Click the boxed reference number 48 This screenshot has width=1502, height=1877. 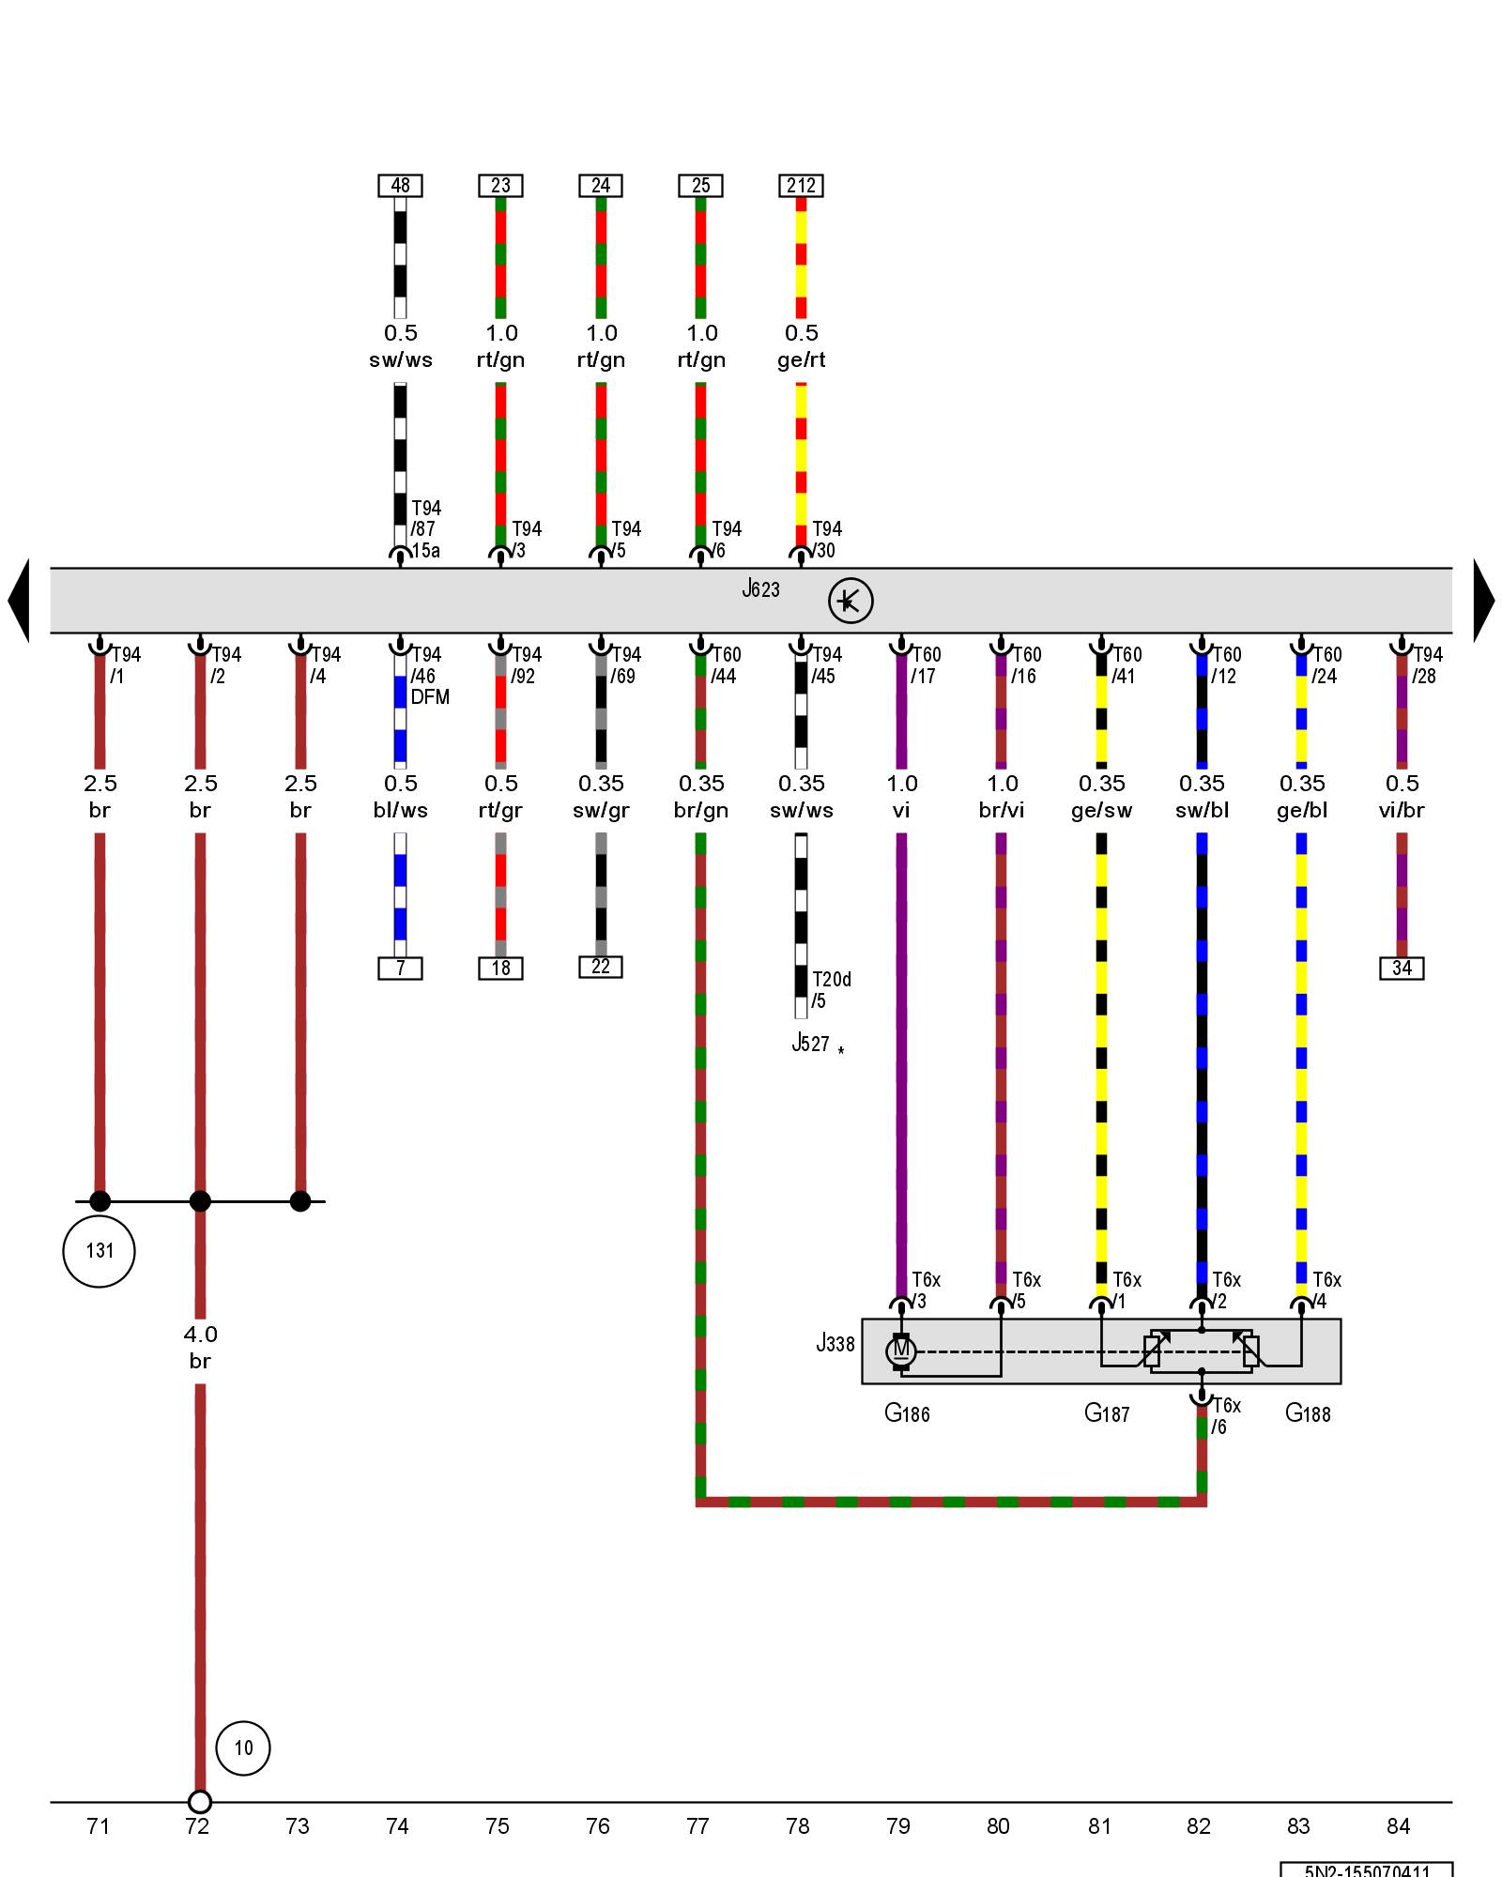(x=400, y=186)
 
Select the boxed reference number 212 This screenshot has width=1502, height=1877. (x=801, y=186)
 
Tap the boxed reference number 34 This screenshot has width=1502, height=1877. (x=1402, y=968)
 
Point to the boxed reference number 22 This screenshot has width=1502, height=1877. (x=601, y=967)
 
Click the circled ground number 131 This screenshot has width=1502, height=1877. (x=100, y=1251)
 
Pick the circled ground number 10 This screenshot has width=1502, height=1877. (x=243, y=1747)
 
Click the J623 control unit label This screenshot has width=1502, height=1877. (x=760, y=589)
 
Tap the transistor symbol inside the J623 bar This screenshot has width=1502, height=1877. (x=851, y=601)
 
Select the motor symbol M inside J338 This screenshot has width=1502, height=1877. (x=901, y=1351)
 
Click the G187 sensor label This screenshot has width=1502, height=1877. (x=1107, y=1413)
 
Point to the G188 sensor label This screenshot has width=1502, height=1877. (x=1308, y=1413)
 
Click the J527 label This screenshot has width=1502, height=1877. (x=810, y=1044)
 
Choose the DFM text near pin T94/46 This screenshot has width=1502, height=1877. (x=430, y=697)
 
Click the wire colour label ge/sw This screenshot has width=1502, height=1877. (x=1101, y=811)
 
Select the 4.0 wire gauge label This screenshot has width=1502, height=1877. (x=200, y=1335)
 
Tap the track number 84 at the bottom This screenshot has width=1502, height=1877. (x=1399, y=1826)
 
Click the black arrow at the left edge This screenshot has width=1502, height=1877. (x=19, y=601)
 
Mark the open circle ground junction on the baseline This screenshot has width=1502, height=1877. (x=200, y=1802)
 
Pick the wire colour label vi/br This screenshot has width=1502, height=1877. (x=1402, y=811)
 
